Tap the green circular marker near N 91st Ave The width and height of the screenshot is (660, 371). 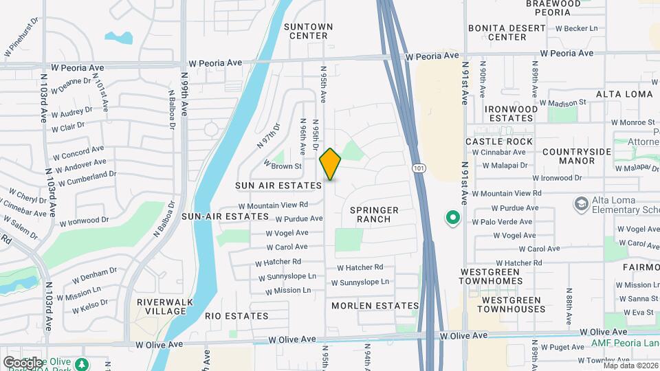click(x=453, y=218)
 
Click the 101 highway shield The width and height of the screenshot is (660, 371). click(x=418, y=168)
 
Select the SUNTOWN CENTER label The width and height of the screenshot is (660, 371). click(x=309, y=32)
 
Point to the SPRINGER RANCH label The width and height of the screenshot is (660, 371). click(x=374, y=214)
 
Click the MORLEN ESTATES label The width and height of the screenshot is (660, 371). click(x=375, y=305)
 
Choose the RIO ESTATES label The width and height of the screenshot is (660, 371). click(x=236, y=316)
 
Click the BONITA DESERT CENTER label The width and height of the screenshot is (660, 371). click(x=507, y=33)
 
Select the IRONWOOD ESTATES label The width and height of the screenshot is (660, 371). click(x=511, y=113)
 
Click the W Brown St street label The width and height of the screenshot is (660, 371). click(x=283, y=166)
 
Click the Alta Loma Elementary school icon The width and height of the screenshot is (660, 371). click(x=581, y=203)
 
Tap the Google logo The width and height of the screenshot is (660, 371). click(x=22, y=362)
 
